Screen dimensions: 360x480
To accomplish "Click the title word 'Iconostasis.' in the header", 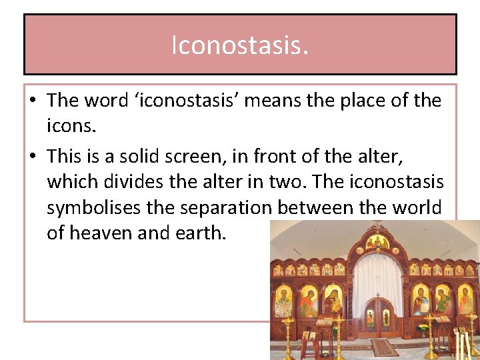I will click(x=240, y=45).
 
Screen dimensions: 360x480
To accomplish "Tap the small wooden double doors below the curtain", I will click(x=378, y=319).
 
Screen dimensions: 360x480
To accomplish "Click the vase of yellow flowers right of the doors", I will click(x=422, y=327).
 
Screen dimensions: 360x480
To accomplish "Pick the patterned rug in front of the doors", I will click(x=385, y=347).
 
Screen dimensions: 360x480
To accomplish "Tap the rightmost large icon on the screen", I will click(x=466, y=299).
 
